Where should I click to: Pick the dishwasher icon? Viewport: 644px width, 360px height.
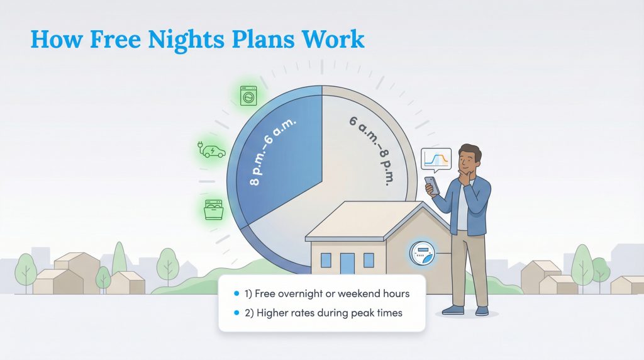213,208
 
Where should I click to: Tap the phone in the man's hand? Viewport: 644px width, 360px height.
430,184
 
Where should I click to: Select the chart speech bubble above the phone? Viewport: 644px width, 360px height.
436,160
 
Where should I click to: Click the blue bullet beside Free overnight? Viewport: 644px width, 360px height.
236,294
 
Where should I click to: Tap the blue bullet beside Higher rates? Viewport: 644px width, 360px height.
236,313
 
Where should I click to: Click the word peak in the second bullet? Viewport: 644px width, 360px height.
348,313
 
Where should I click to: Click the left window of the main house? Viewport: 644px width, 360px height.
326,259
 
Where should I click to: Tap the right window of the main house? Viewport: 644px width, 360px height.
369,259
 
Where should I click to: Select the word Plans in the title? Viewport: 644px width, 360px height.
265,39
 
